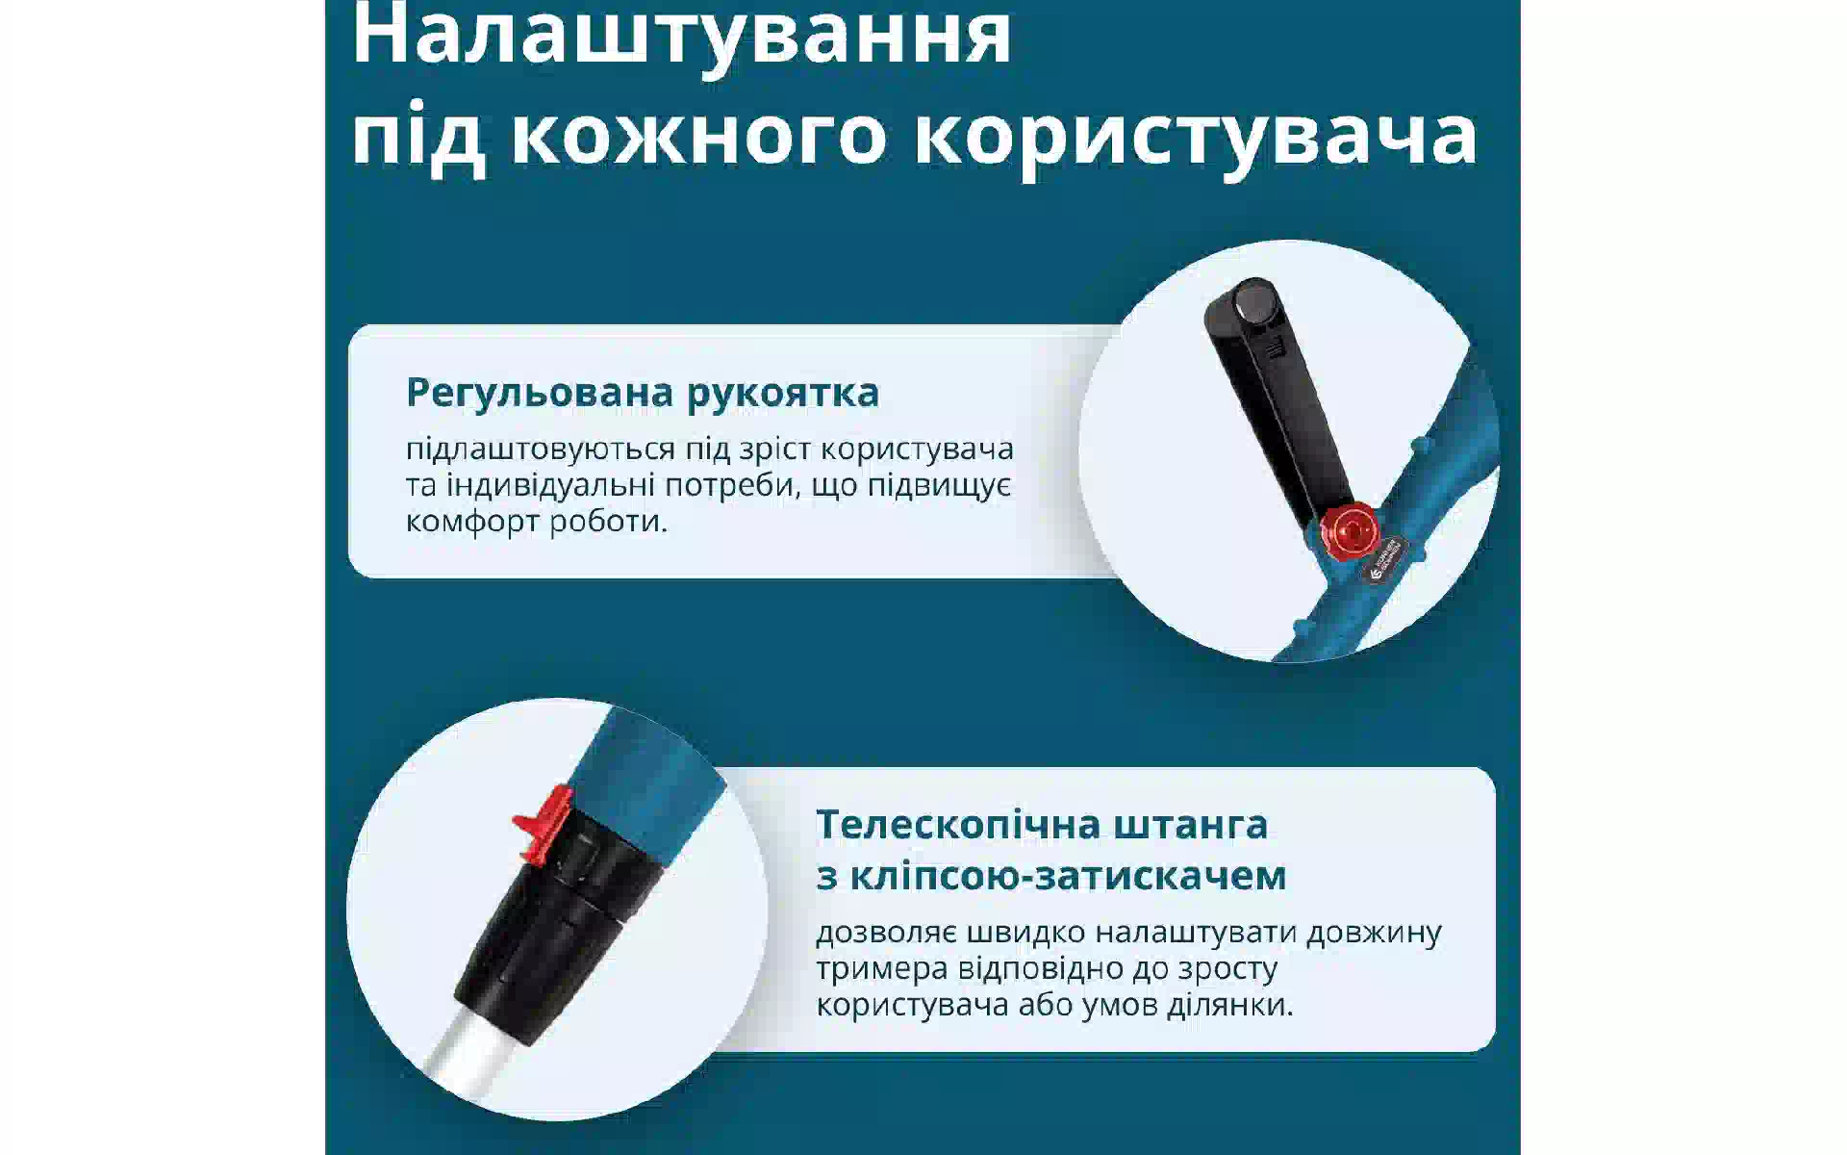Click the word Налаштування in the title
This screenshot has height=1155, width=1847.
682,36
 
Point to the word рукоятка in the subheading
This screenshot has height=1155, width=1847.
783,394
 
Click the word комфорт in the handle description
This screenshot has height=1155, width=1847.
473,523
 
